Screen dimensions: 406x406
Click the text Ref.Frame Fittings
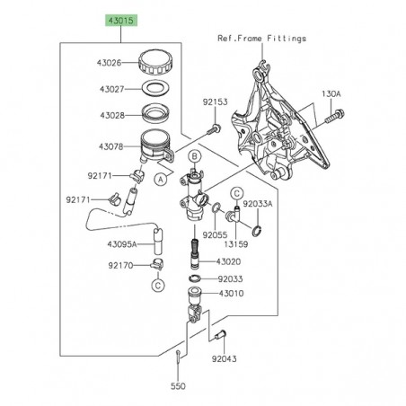click(x=261, y=39)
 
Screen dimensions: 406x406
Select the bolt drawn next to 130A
click(x=338, y=116)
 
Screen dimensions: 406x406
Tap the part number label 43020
click(x=229, y=261)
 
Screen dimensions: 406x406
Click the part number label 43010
click(x=229, y=294)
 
